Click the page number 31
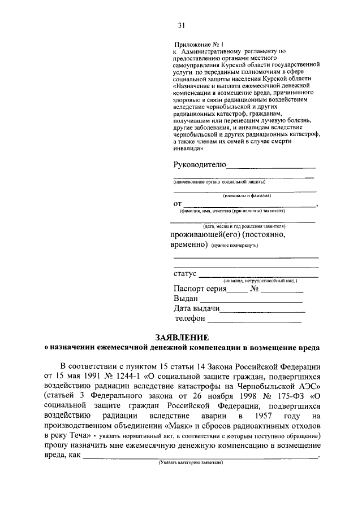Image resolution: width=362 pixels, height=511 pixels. pos(181,25)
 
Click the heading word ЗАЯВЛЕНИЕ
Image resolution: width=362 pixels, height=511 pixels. pos(180,337)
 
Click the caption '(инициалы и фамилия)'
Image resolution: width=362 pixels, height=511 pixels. pos(247,195)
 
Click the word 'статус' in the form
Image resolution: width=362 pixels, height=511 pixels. pos(185,274)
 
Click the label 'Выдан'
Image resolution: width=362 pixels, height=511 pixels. pos(186,298)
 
